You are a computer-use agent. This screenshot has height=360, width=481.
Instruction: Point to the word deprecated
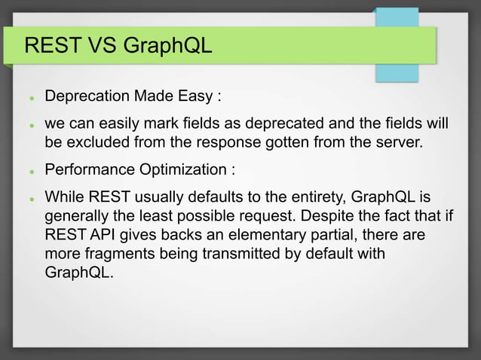click(281, 123)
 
